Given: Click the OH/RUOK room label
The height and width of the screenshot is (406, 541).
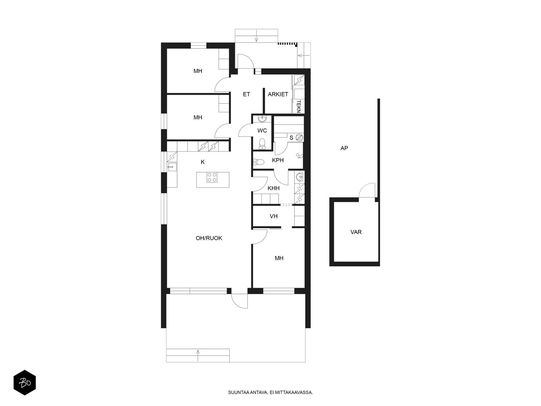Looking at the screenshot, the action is click(209, 238).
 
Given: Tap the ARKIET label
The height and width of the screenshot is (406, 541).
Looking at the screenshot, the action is click(278, 94).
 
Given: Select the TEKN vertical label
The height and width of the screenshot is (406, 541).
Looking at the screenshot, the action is click(299, 106).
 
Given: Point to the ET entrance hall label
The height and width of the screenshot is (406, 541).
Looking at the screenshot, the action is click(246, 94).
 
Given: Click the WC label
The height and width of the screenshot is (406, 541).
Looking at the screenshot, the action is click(262, 130).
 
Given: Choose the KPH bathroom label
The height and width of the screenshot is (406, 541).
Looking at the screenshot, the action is click(278, 160).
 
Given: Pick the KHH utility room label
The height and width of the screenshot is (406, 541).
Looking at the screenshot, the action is click(274, 188).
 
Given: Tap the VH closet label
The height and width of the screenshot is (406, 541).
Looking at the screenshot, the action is click(274, 216).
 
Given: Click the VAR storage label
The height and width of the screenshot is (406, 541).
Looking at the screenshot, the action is click(356, 232).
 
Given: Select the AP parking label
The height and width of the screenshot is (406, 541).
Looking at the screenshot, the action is click(344, 148).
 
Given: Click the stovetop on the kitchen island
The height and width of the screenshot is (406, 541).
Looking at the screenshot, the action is click(212, 177).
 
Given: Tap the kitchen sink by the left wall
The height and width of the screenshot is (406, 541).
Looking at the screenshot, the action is click(172, 167).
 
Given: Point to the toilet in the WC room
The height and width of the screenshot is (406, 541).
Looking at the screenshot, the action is click(262, 144).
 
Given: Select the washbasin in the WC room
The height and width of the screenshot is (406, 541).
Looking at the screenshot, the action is click(262, 119).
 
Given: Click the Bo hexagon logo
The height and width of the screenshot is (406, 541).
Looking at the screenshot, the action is click(25, 383).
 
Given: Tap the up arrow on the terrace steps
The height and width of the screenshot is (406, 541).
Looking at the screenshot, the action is click(198, 356).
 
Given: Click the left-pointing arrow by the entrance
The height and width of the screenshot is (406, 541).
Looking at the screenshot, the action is click(304, 55).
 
